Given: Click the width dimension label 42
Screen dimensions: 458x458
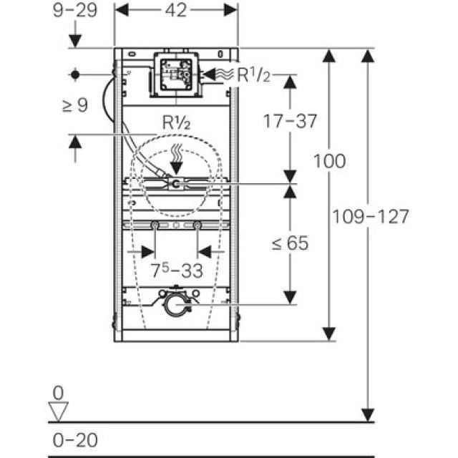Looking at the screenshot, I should [x=177, y=10].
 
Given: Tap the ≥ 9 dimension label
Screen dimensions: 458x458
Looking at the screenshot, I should [x=74, y=106].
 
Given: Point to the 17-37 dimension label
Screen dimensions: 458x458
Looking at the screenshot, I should [x=289, y=122].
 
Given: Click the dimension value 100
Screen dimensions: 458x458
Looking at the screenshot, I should [x=329, y=161].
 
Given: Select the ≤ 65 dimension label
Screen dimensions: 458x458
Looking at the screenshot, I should [x=289, y=243].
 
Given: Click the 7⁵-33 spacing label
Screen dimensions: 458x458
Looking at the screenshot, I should [x=177, y=271].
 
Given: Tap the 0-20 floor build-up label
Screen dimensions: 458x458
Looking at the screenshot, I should [x=75, y=439].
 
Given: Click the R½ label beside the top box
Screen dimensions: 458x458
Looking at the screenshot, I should [x=253, y=73].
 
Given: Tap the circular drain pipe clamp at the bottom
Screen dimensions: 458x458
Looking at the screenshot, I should [x=176, y=305].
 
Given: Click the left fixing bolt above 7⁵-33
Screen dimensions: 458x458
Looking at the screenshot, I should [x=155, y=226].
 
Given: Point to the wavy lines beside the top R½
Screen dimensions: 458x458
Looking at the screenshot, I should [x=225, y=74].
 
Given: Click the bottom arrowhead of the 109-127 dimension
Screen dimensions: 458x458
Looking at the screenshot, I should [x=368, y=416].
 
